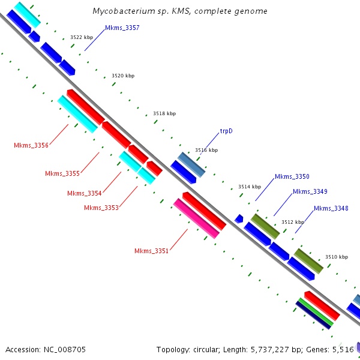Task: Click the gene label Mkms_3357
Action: [122, 28]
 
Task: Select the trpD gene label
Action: [226, 130]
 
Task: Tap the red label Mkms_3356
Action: [31, 145]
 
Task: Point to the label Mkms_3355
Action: [62, 174]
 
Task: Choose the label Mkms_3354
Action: [85, 193]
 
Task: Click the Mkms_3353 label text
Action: [101, 208]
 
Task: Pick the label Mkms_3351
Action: [151, 251]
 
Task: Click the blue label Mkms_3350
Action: [292, 176]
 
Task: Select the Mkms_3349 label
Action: [310, 191]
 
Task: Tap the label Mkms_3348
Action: [331, 208]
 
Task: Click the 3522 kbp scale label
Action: [82, 37]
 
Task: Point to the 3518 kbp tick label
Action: [164, 113]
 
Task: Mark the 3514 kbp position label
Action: [250, 187]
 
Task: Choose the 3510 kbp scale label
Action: [337, 257]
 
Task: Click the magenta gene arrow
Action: [196, 218]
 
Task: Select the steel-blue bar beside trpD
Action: [191, 164]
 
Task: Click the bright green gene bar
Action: [316, 312]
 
